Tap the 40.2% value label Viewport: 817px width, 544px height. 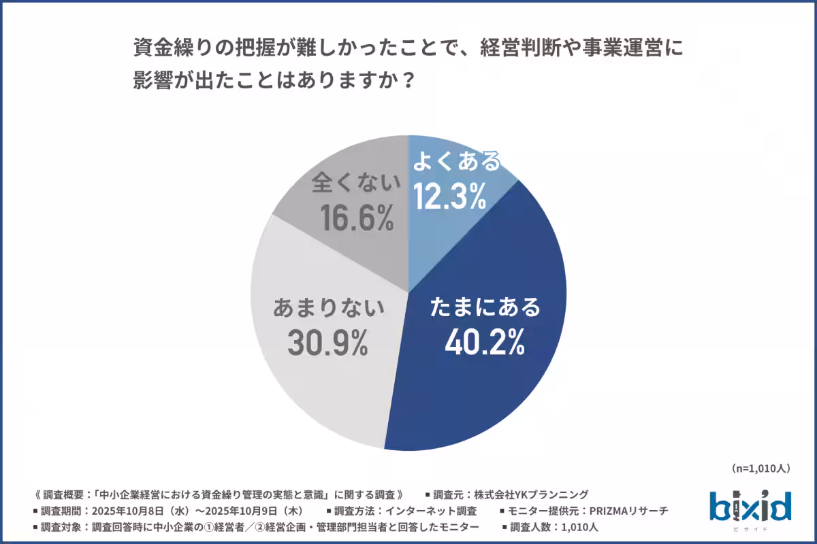click(x=484, y=342)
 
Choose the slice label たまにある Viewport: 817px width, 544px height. click(x=485, y=307)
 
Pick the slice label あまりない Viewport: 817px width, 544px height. click(x=328, y=308)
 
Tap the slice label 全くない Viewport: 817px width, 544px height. click(x=353, y=184)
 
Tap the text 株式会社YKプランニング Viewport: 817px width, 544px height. click(x=531, y=494)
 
